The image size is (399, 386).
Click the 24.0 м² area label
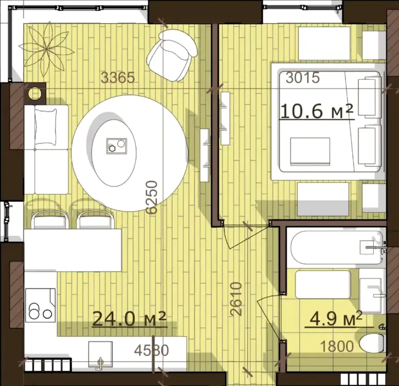[129, 319]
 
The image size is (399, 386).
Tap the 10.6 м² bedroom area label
[317, 111]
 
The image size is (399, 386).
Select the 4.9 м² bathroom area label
[336, 318]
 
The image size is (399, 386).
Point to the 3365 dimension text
[118, 78]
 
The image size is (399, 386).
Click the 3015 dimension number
[302, 78]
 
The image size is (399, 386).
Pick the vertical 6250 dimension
[152, 197]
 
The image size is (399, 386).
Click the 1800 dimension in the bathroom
[337, 346]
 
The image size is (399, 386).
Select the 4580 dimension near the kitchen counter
[151, 350]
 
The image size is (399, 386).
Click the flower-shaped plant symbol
[47, 49]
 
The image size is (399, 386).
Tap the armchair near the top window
[172, 55]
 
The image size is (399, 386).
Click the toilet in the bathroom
[372, 343]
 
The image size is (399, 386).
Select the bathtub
[336, 247]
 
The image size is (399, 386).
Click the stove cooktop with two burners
[41, 305]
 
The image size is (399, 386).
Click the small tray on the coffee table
[117, 146]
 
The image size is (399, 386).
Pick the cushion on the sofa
[46, 126]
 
